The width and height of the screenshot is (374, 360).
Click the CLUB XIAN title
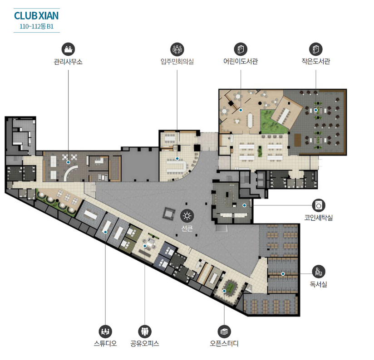[x=36, y=16]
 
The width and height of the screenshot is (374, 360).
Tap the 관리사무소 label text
[x=68, y=62]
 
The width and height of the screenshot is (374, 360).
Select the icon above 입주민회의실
[x=177, y=49]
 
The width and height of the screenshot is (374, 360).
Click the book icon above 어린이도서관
[x=241, y=49]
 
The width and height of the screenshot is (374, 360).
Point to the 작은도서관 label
[x=316, y=61]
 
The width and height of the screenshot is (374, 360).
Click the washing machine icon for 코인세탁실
[x=319, y=205]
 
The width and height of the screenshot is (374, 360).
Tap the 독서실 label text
[x=319, y=284]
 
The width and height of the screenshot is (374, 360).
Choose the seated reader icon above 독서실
[x=319, y=272]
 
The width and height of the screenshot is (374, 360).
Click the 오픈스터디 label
[x=224, y=343]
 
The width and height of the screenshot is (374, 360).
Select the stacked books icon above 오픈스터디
[x=224, y=331]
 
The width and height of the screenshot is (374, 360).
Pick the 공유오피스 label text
[x=144, y=343]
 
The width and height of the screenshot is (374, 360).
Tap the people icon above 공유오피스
[x=145, y=331]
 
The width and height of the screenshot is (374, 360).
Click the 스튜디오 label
[x=105, y=343]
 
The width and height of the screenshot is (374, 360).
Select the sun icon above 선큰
[x=187, y=216]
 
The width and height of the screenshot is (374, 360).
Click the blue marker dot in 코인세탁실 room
[x=244, y=205]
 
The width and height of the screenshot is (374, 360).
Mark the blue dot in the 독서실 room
[x=283, y=274]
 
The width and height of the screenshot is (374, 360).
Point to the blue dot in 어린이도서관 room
[x=241, y=110]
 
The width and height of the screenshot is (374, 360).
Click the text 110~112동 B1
[x=36, y=26]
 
